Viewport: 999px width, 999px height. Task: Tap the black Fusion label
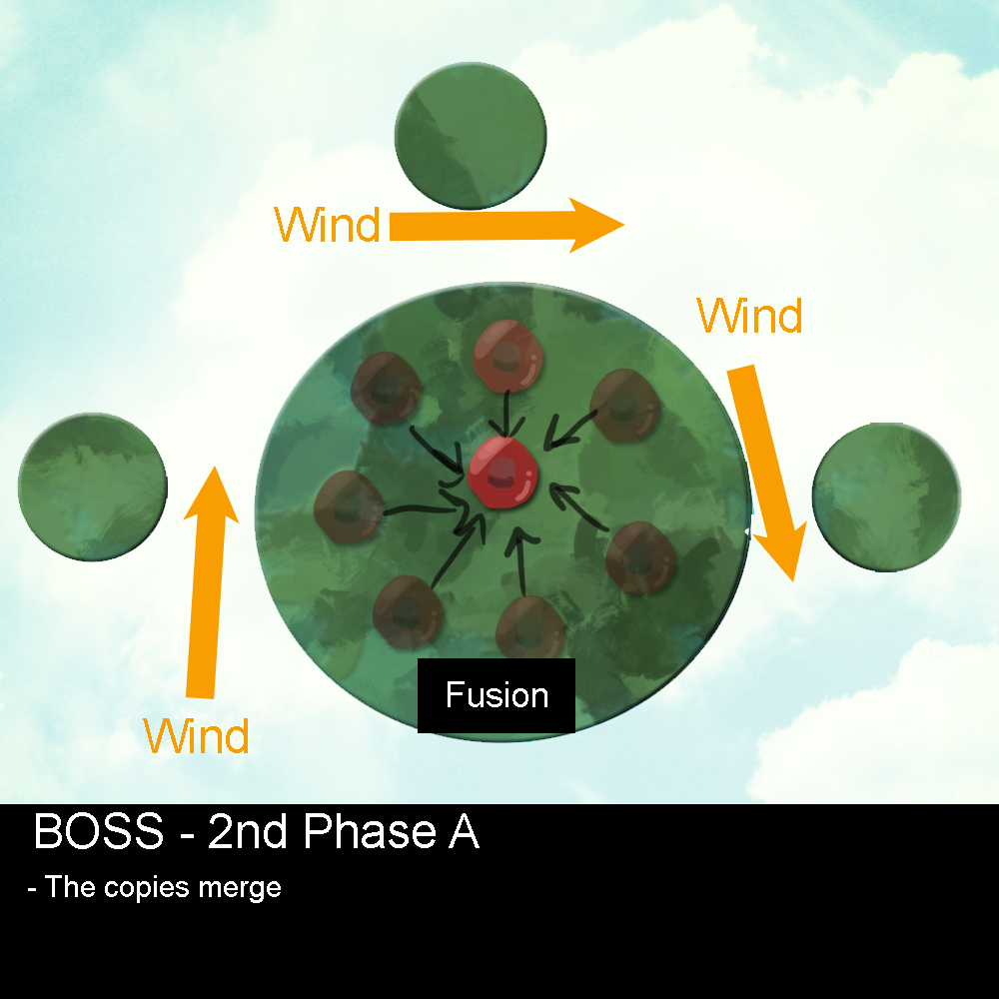tap(497, 695)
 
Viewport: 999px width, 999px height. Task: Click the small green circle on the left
tap(92, 488)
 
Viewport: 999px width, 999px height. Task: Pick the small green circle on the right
tap(886, 497)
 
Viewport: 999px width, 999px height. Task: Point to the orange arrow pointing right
tap(505, 226)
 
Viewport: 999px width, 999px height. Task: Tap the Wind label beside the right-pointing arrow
tap(327, 226)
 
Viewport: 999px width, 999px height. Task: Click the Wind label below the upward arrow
tap(196, 737)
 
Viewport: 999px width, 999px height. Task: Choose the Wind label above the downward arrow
tap(749, 317)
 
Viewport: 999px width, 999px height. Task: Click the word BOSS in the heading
tap(98, 832)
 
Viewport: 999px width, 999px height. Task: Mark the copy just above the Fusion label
tap(530, 627)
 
